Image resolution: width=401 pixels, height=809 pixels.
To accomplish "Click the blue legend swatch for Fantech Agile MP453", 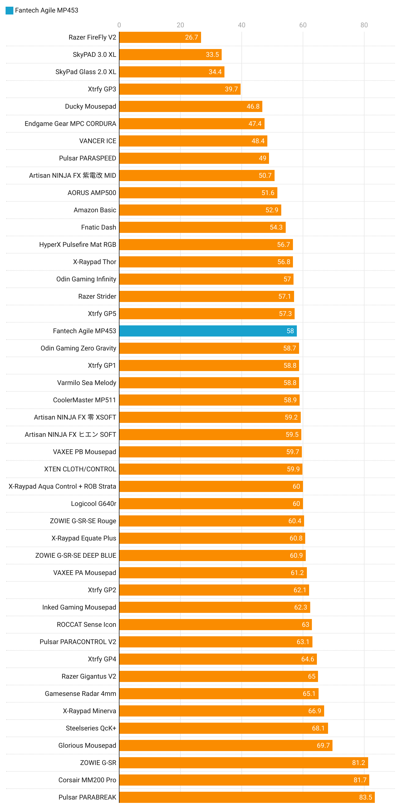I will [x=9, y=10].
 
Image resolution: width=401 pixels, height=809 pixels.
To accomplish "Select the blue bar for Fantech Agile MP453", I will [x=207, y=331].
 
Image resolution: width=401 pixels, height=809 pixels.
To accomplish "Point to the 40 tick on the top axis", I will [x=241, y=25].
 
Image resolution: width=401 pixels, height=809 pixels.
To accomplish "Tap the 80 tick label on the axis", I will [x=364, y=25].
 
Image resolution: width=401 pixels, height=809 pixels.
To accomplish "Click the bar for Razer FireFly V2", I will [x=160, y=37].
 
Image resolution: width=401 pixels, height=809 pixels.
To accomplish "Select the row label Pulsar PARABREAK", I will [x=87, y=797].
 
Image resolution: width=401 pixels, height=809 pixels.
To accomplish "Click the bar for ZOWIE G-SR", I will [x=243, y=762].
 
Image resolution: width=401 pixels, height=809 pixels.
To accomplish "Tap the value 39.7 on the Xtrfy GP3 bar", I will [x=231, y=89].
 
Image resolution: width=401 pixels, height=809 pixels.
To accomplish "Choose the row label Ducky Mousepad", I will [x=91, y=106].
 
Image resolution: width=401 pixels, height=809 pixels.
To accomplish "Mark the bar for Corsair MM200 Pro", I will [x=244, y=780].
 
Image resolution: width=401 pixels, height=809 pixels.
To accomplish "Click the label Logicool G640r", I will [x=93, y=504].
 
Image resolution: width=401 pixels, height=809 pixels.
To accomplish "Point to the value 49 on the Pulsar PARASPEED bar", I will [x=263, y=158].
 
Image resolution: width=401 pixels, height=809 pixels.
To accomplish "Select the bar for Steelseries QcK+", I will [x=223, y=728].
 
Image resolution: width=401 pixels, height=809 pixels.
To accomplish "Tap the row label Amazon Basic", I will [x=95, y=210].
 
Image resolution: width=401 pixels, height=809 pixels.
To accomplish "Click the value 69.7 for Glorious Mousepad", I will [x=323, y=745].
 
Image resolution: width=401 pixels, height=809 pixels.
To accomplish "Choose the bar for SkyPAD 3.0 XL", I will [x=170, y=55].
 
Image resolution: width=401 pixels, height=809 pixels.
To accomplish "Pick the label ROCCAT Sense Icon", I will [x=86, y=624].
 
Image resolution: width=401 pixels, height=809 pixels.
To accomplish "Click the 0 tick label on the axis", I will [x=119, y=25].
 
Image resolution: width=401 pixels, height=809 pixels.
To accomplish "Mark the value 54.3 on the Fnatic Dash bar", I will [x=276, y=227].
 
